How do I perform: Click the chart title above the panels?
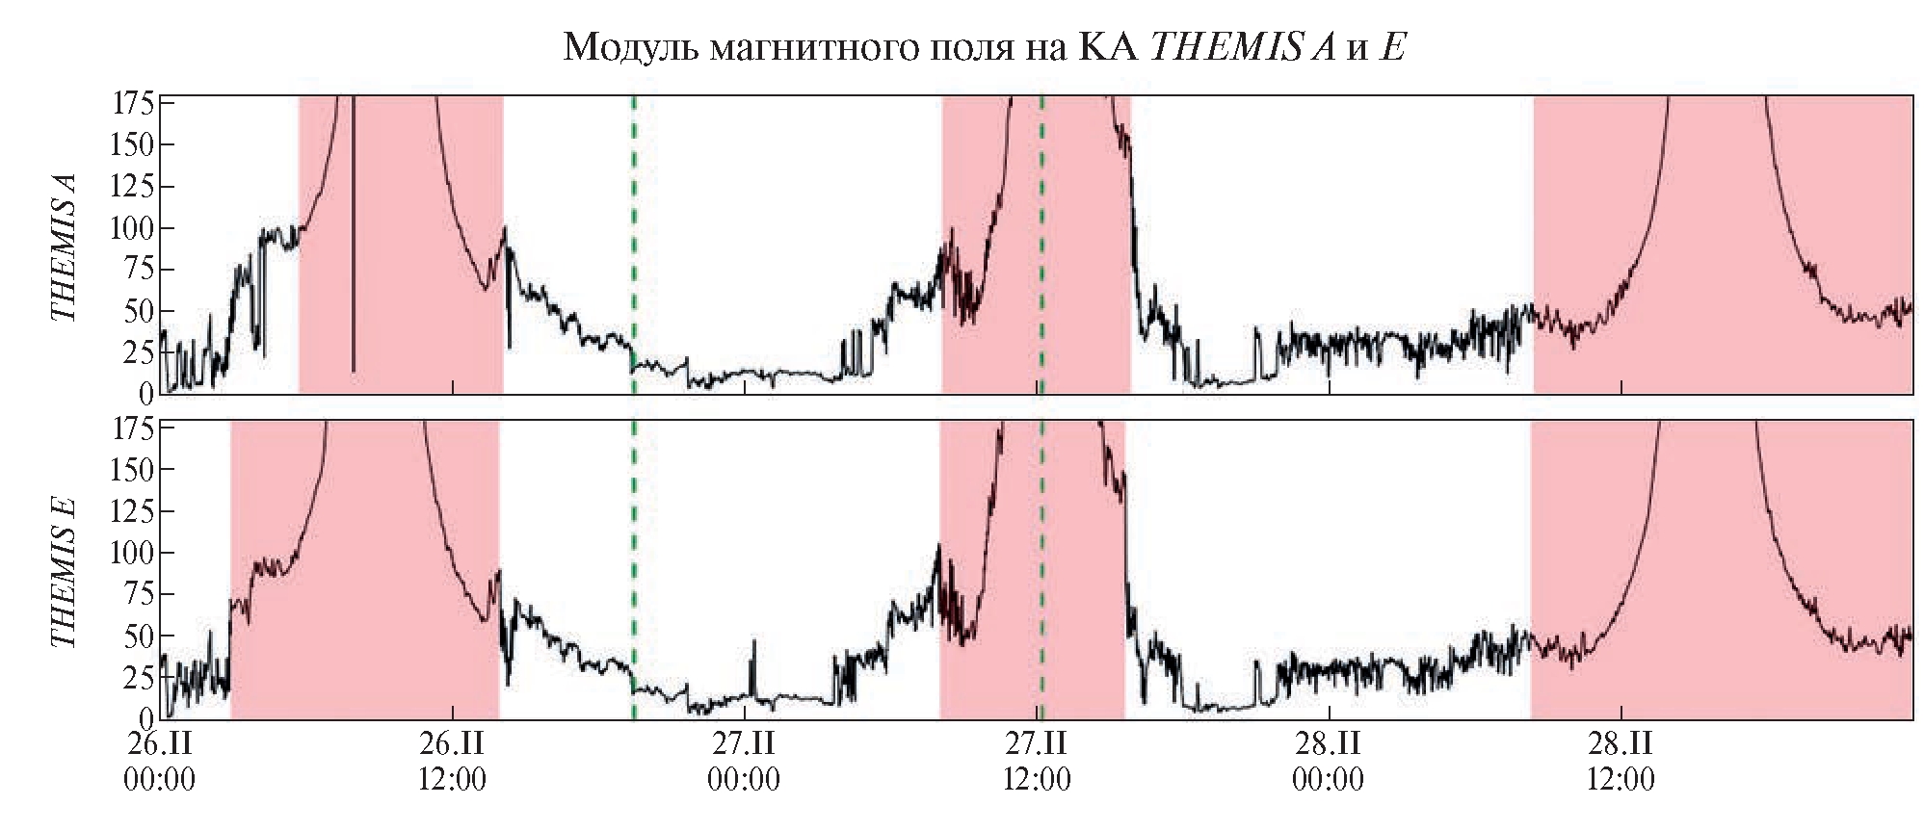[984, 46]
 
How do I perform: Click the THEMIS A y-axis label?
[64, 247]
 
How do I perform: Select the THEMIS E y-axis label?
[64, 572]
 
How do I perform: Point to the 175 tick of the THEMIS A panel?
[133, 103]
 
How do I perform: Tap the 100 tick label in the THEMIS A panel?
[133, 228]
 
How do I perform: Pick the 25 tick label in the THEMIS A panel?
[139, 352]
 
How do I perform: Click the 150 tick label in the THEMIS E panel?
[133, 470]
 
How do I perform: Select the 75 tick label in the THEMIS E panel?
[139, 594]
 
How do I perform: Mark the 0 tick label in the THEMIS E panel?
[145, 717]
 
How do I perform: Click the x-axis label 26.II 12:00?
[452, 761]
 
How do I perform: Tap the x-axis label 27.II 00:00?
[744, 761]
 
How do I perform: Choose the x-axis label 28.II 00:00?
[1328, 761]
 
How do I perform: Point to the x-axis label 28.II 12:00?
[1621, 761]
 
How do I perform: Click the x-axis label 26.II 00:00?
[160, 761]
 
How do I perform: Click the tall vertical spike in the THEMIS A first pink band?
[353, 241]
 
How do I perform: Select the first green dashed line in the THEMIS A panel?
[633, 241]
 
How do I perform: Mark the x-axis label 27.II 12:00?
[1037, 761]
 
